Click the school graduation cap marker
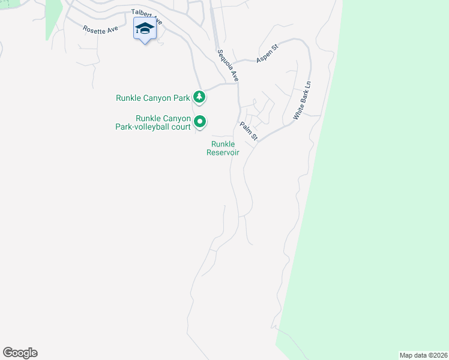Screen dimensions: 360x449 click(x=145, y=29)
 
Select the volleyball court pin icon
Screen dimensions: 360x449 click(x=200, y=122)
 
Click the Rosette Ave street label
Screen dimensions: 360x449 click(x=100, y=29)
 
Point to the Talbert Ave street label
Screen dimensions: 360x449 click(x=146, y=17)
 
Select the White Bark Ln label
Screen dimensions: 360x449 click(x=303, y=101)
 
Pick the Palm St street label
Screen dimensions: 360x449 click(x=249, y=131)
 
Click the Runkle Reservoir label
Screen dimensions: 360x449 click(x=223, y=148)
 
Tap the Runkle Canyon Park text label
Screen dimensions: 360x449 click(x=152, y=97)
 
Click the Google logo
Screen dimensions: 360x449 click(x=20, y=353)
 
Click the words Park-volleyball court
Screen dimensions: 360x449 click(x=153, y=127)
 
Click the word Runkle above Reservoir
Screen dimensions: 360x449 click(x=223, y=144)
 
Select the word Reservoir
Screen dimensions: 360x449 click(x=223, y=152)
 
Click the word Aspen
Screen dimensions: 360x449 click(x=264, y=56)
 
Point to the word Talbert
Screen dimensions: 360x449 click(x=142, y=14)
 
